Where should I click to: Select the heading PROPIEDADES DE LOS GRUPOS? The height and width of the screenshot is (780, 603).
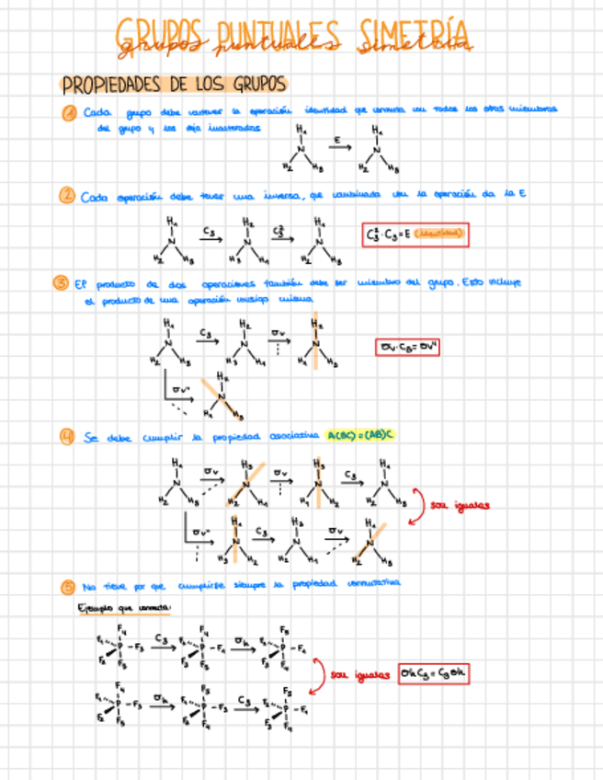174,85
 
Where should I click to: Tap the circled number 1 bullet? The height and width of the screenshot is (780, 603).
69,112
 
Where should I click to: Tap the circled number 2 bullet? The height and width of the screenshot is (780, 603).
66,196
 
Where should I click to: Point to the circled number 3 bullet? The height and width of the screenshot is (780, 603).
59,284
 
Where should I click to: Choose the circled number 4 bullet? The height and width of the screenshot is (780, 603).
66,438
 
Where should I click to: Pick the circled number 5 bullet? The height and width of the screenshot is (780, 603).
66,586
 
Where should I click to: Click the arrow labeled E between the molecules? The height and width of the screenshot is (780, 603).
339,145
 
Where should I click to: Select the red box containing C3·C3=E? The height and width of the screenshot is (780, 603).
415,235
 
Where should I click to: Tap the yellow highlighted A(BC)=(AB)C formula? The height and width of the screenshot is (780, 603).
360,437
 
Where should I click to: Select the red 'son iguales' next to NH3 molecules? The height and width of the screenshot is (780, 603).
460,504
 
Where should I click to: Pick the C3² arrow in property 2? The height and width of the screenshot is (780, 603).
280,234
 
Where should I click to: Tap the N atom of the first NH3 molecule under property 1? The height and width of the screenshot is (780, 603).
301,151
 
